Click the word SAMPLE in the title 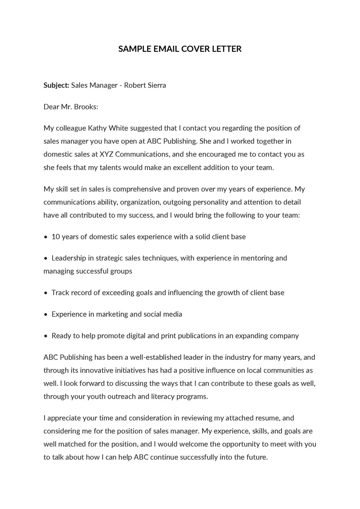coord(133,49)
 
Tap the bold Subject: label coord(56,85)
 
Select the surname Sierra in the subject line coord(155,85)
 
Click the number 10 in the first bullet coord(56,236)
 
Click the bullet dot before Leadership coord(46,258)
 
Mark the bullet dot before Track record coord(46,293)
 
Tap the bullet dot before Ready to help coord(46,336)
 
